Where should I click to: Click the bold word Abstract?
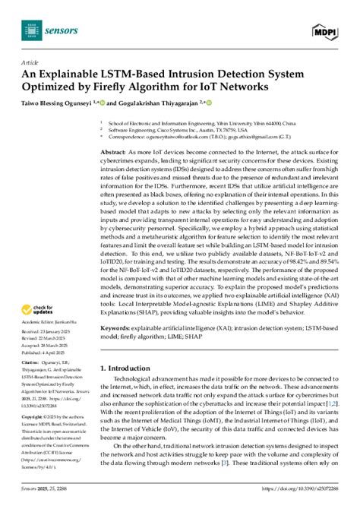click(112, 153)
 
